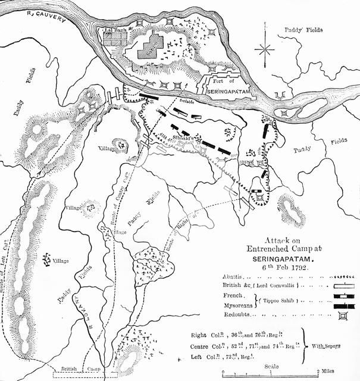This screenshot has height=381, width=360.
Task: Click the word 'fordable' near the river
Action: [192, 102]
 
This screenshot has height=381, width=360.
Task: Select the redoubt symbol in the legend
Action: [342, 315]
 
